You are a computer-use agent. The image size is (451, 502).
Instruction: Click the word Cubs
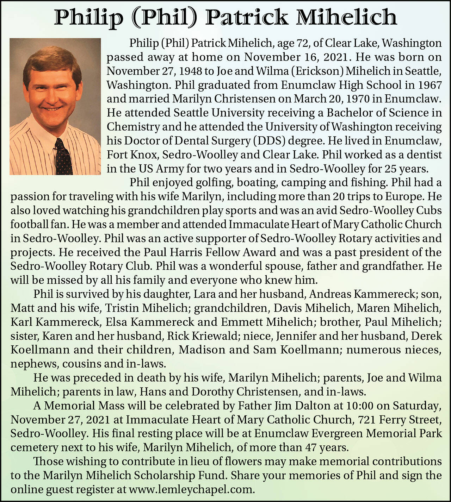pyautogui.click(x=429, y=211)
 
